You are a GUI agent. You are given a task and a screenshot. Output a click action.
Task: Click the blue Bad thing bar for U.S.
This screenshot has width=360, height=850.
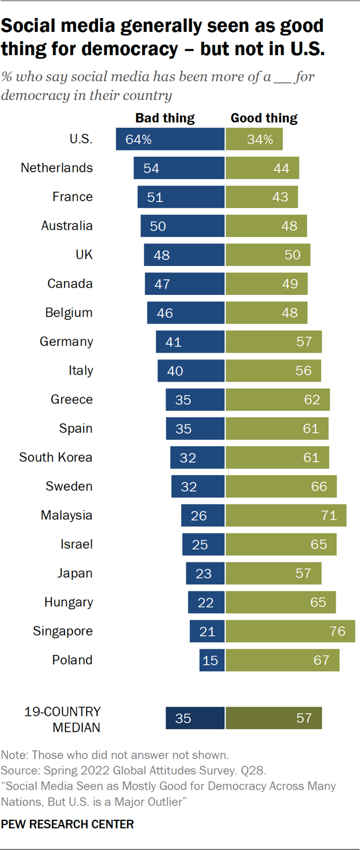click(x=170, y=139)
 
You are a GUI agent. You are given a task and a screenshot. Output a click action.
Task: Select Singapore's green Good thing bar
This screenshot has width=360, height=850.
click(x=290, y=631)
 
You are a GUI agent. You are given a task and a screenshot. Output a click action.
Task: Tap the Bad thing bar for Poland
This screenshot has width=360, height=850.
click(x=211, y=660)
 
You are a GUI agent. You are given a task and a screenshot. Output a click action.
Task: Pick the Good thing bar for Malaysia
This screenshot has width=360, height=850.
click(x=286, y=516)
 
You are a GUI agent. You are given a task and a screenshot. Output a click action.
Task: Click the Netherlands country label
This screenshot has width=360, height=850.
click(x=56, y=168)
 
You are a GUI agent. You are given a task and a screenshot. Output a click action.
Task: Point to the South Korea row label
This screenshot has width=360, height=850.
click(x=56, y=458)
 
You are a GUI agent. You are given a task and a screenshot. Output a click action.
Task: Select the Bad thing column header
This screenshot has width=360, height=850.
click(x=165, y=118)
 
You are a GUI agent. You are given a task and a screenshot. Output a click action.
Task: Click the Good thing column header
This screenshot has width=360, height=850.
click(x=264, y=118)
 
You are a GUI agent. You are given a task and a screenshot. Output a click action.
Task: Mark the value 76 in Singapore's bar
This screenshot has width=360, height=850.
click(x=337, y=631)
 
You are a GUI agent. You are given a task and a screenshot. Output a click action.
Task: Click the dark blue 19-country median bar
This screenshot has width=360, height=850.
click(x=195, y=718)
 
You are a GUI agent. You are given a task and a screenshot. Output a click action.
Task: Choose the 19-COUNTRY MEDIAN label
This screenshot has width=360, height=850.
click(x=62, y=719)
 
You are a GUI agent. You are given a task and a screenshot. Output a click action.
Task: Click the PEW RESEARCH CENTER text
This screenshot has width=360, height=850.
click(x=67, y=824)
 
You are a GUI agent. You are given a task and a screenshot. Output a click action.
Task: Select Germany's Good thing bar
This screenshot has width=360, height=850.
click(x=273, y=342)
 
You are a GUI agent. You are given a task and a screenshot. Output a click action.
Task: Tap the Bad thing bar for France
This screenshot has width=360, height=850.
click(x=181, y=197)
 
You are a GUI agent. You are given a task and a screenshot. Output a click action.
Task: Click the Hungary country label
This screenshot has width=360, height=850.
click(x=69, y=602)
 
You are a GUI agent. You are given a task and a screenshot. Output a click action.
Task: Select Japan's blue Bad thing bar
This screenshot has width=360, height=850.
click(x=205, y=574)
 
